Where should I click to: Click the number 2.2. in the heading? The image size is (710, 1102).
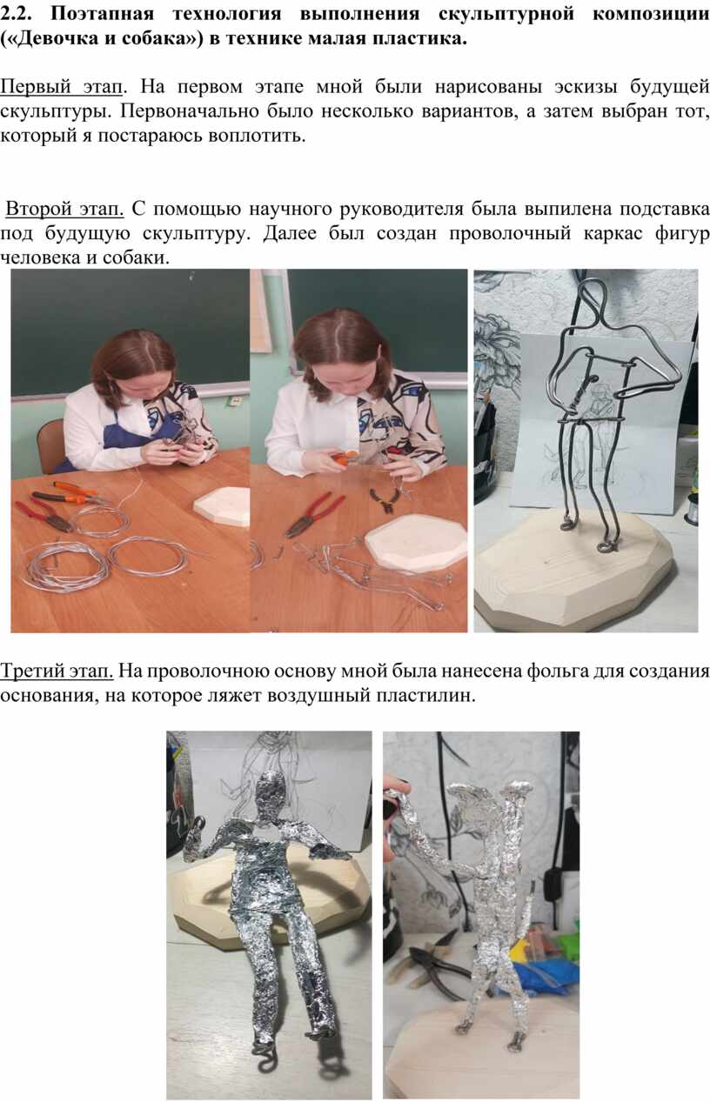coord(16,14)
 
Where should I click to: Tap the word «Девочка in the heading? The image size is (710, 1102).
coord(48,39)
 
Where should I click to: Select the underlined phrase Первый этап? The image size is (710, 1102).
coord(61,88)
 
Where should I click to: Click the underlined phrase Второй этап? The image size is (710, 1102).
coord(64,210)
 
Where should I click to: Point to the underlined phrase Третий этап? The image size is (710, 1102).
coord(57,671)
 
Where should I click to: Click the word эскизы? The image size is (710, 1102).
coord(586,87)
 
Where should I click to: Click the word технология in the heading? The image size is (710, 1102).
coord(227,14)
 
